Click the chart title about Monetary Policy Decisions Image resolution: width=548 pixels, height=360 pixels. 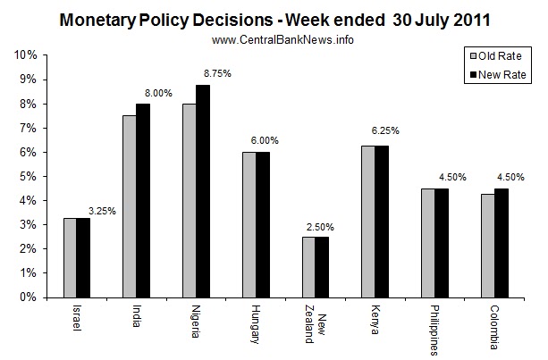(x=274, y=19)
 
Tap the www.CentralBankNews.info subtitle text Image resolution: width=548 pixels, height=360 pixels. (x=273, y=40)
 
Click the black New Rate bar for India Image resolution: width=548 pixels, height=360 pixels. (x=142, y=200)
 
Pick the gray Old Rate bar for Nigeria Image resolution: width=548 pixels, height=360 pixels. (x=189, y=200)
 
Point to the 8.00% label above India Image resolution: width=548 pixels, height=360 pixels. (x=156, y=92)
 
